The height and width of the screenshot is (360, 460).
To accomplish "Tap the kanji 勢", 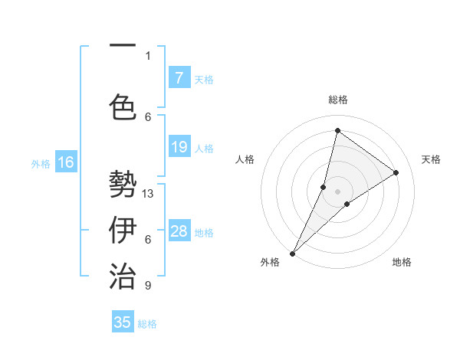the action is click(x=123, y=184).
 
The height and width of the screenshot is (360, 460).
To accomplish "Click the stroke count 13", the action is click(x=148, y=194).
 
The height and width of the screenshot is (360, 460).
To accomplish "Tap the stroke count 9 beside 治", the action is click(x=148, y=286).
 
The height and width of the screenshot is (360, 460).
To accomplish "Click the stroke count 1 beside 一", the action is click(x=148, y=55).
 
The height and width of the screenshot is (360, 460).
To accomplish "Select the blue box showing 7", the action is click(x=179, y=77).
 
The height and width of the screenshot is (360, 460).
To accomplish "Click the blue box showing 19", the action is click(x=179, y=147).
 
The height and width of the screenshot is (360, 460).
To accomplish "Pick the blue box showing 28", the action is click(x=179, y=231).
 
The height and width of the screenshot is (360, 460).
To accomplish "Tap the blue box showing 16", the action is click(x=66, y=162).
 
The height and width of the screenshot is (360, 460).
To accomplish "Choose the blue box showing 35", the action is click(x=123, y=322).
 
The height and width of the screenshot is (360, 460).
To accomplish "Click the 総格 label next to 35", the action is click(x=147, y=324).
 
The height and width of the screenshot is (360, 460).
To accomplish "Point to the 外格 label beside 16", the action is click(x=41, y=163).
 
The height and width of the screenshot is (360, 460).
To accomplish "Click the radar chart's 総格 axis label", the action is click(x=337, y=100).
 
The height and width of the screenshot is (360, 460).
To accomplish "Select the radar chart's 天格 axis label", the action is click(x=431, y=159).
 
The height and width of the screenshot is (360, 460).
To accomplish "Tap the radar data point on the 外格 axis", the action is click(x=292, y=253).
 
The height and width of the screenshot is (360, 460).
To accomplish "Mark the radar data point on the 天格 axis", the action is click(x=396, y=172).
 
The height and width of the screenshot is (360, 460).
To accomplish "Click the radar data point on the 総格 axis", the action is click(x=337, y=130).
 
